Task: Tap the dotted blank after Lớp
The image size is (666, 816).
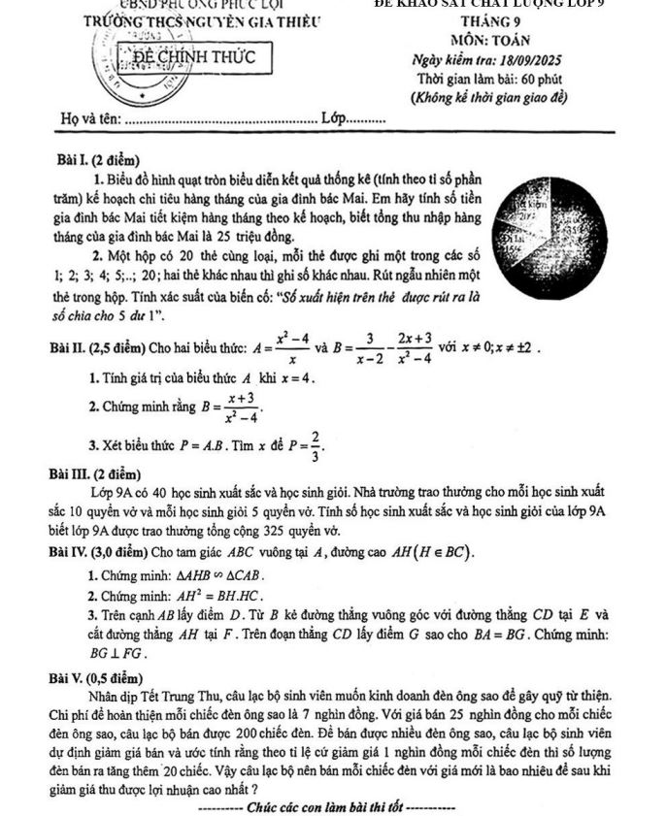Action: point(366,120)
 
